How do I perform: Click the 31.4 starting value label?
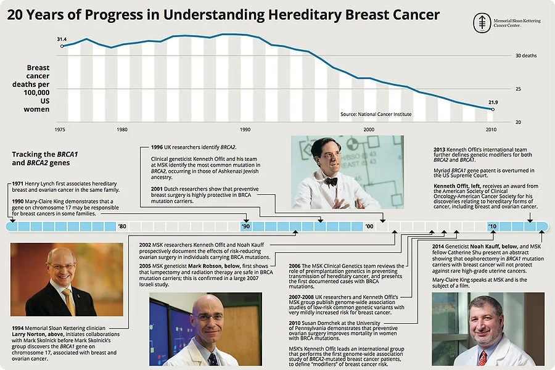(62, 39)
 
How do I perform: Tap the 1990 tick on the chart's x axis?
(245, 129)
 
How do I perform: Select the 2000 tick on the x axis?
(369, 129)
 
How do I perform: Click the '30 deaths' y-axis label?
(525, 55)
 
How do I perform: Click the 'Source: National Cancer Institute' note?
(376, 115)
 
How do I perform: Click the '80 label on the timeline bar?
(122, 227)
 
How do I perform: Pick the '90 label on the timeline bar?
(245, 227)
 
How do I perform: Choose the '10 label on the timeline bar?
(492, 227)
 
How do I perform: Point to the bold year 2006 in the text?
(295, 266)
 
